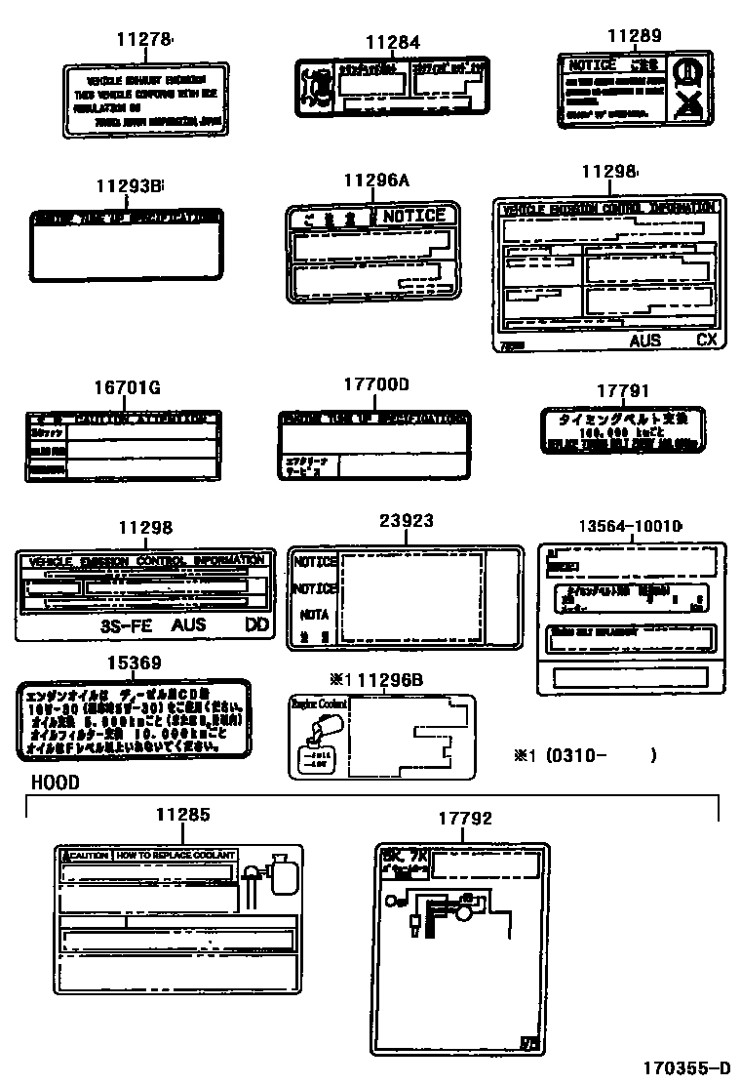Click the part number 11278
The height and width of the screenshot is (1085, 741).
coord(143,39)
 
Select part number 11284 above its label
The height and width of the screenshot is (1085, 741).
coord(393,42)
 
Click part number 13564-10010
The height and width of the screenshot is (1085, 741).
coord(629,526)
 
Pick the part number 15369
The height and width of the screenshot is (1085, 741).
coord(134,663)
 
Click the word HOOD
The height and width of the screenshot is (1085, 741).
coord(56,783)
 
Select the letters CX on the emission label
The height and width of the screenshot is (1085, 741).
coord(706,341)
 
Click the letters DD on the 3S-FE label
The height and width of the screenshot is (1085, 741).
coord(256,624)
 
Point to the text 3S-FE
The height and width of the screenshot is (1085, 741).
coord(127,624)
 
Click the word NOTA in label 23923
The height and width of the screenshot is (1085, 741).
coord(314,616)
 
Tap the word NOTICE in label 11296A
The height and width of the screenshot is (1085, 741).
coord(414,216)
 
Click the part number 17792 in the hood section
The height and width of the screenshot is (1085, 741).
coord(465,819)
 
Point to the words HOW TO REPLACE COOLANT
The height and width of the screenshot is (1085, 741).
coord(175,855)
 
